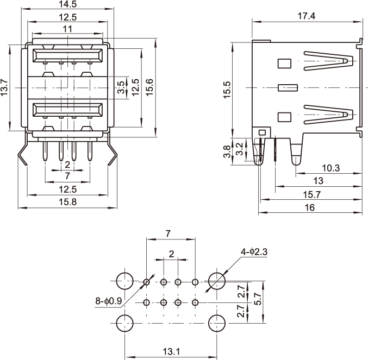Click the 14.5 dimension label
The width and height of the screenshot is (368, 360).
click(x=67, y=5)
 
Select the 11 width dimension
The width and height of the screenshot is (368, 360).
click(x=67, y=29)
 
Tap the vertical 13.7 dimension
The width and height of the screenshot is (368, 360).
click(x=5, y=88)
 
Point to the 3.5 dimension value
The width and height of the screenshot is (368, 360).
click(x=121, y=87)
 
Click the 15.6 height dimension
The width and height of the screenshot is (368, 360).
click(x=150, y=87)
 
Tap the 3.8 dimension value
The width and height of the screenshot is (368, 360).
click(x=228, y=151)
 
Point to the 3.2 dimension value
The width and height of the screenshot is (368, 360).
click(x=239, y=148)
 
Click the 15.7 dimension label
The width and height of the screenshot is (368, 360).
click(x=311, y=194)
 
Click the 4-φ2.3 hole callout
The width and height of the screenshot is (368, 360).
click(x=254, y=251)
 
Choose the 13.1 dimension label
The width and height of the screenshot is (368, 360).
click(x=171, y=352)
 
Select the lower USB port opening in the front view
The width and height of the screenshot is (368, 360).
click(x=67, y=110)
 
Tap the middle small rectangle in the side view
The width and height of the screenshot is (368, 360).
click(x=286, y=87)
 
